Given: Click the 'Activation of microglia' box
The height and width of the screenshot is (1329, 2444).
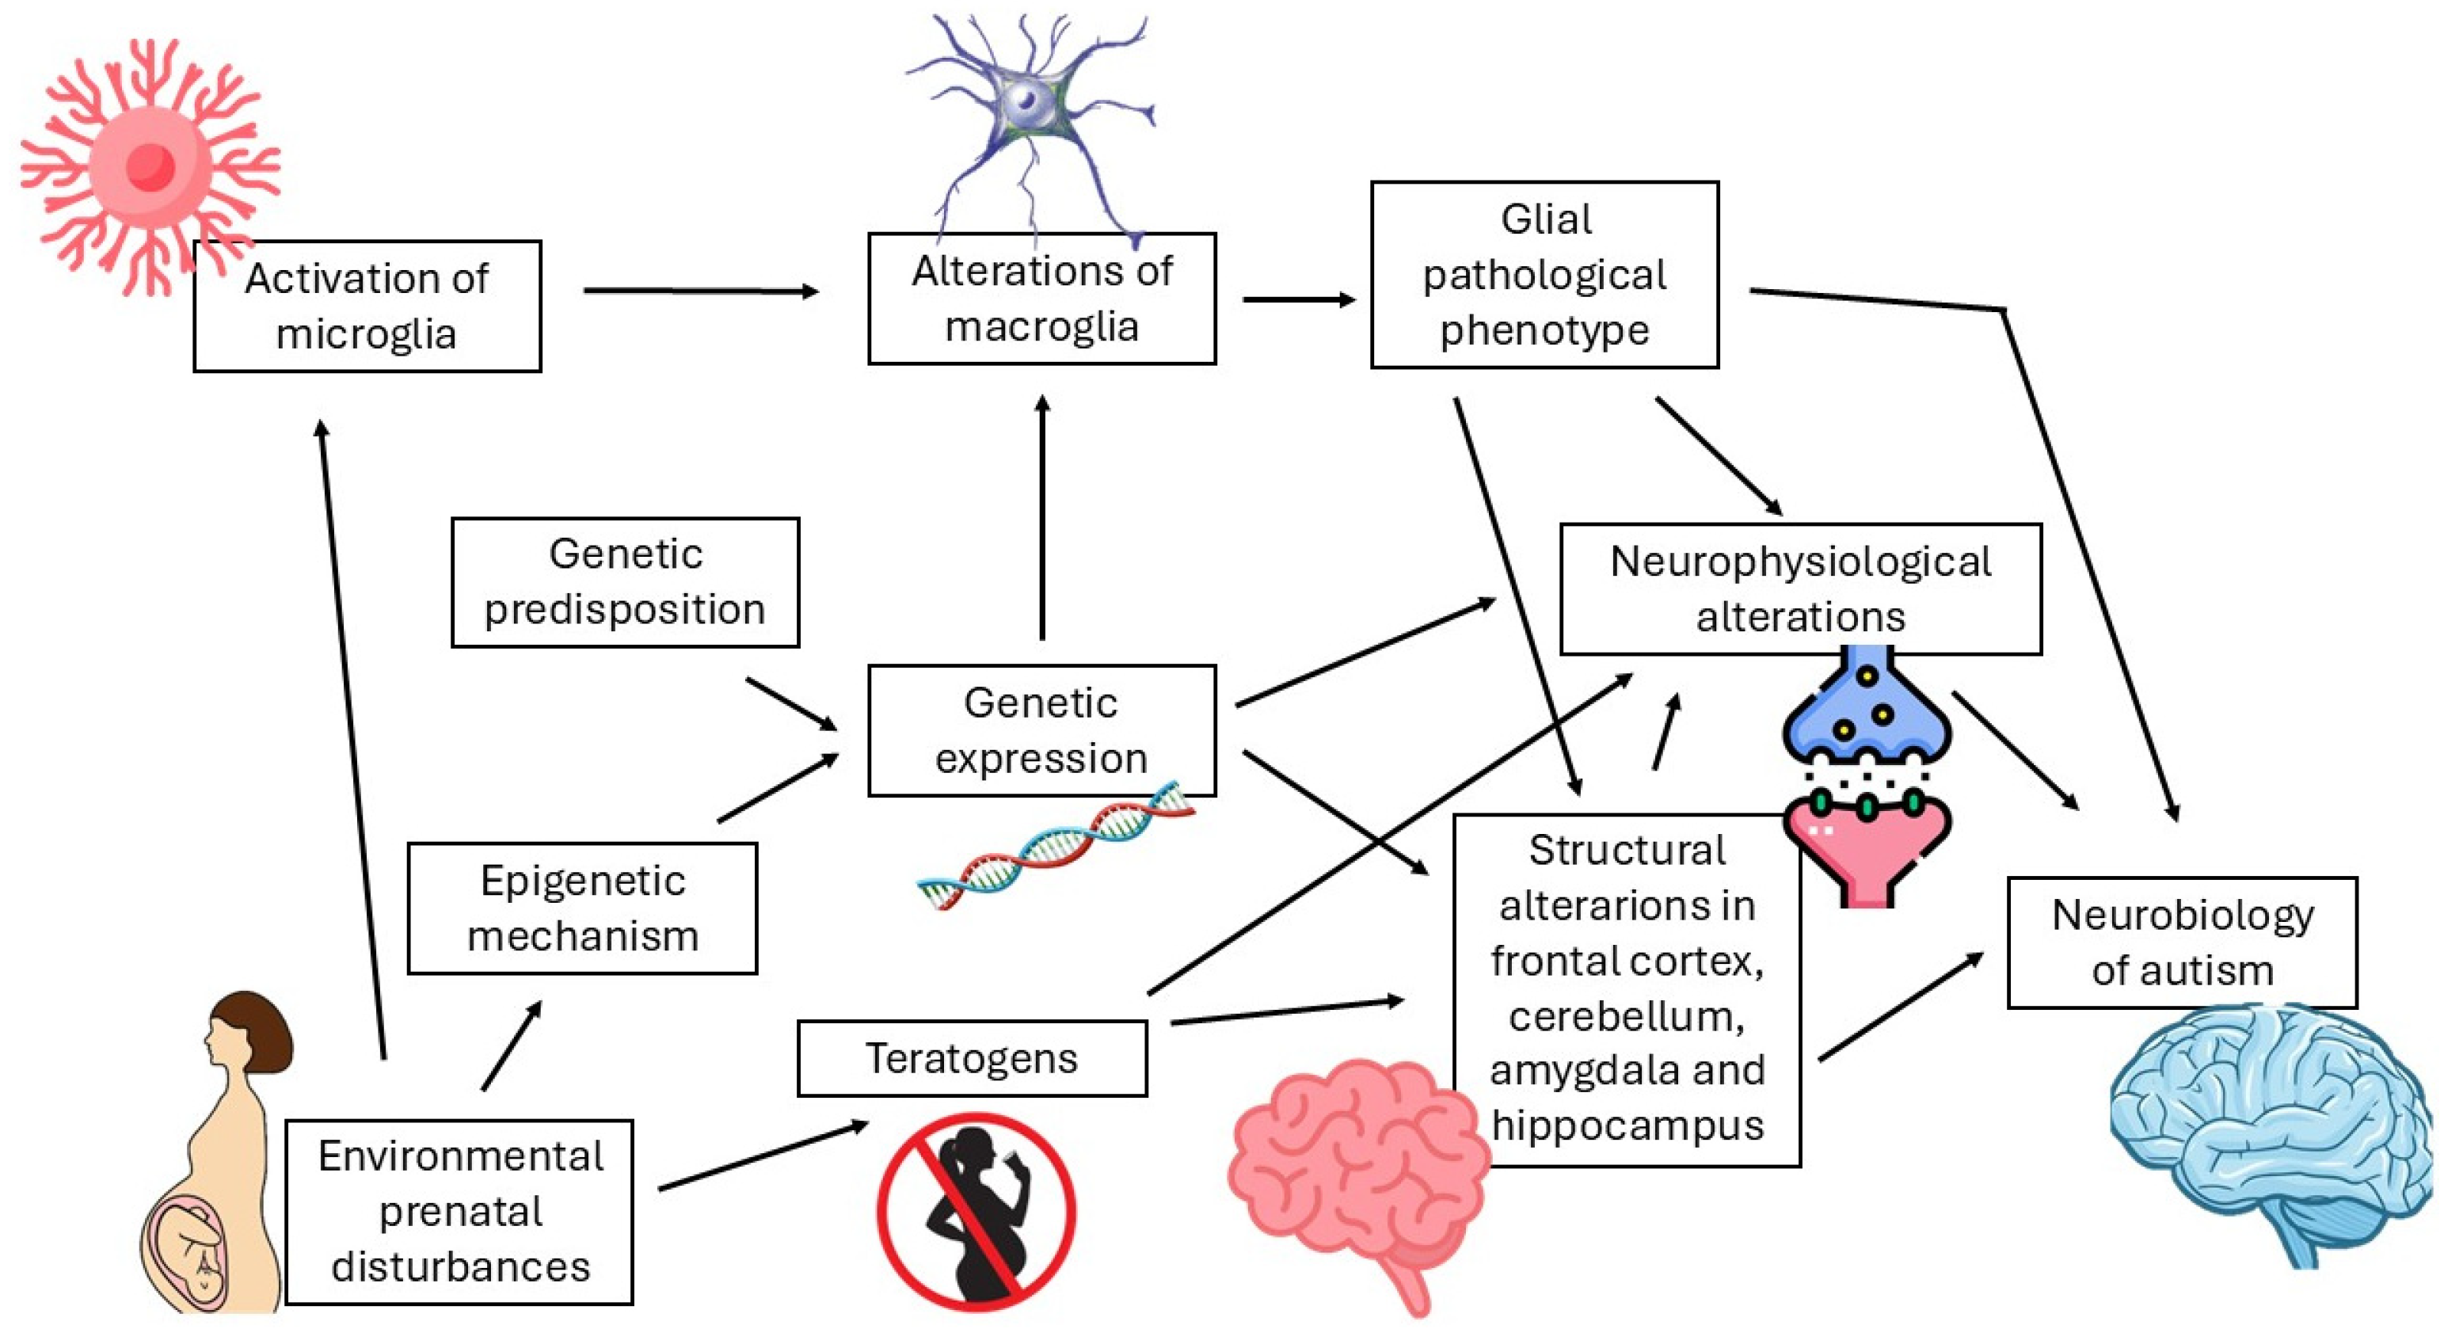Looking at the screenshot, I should [x=367, y=306].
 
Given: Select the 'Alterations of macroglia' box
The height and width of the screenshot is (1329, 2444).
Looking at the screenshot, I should [x=1041, y=298].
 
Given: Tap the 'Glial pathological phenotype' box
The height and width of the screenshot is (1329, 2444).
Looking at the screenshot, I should [x=1544, y=274].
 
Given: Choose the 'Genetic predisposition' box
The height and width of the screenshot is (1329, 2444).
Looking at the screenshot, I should [x=625, y=581].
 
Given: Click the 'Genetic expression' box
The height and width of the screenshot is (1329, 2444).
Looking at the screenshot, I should [x=1041, y=729].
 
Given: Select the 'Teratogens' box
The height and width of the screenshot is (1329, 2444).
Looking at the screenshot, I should [x=972, y=1057].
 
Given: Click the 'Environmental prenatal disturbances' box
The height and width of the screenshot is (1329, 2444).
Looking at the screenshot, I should [x=459, y=1211].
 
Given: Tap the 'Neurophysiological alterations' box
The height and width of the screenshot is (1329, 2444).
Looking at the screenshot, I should [x=1800, y=588].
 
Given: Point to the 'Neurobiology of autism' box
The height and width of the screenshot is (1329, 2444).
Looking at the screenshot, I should [x=2181, y=942].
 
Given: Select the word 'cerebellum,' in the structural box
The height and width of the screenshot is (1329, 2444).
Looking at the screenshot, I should [x=1627, y=1016].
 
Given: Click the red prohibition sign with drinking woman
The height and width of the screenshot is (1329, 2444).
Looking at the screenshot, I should [x=976, y=1211].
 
